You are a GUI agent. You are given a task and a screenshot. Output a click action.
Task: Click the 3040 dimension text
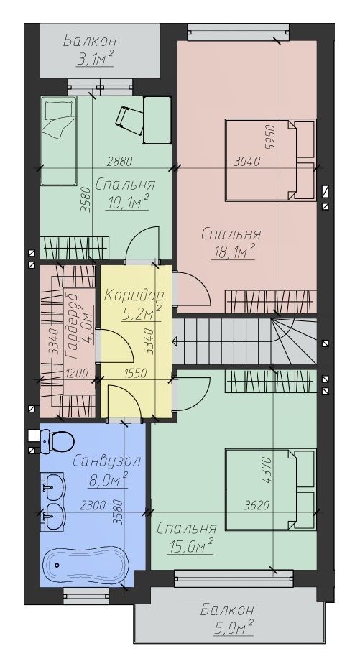[247, 162]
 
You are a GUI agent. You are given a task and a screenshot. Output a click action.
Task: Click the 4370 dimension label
[267, 471]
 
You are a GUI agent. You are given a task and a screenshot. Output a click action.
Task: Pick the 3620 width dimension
[257, 506]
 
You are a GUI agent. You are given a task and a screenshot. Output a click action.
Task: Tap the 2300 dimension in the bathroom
[93, 506]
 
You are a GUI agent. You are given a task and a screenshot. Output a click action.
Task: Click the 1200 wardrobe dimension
[77, 374]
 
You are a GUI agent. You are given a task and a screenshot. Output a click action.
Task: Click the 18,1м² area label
[234, 252]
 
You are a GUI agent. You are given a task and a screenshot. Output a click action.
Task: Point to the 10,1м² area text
[128, 202]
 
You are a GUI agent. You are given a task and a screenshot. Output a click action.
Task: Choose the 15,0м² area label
[191, 546]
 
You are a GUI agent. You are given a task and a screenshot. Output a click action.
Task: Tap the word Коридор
[134, 295]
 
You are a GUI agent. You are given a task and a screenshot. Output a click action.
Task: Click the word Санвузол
[106, 461]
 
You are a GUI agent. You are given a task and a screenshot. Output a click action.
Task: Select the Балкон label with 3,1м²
[90, 42]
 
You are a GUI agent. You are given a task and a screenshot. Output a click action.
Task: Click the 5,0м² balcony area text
[233, 627]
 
